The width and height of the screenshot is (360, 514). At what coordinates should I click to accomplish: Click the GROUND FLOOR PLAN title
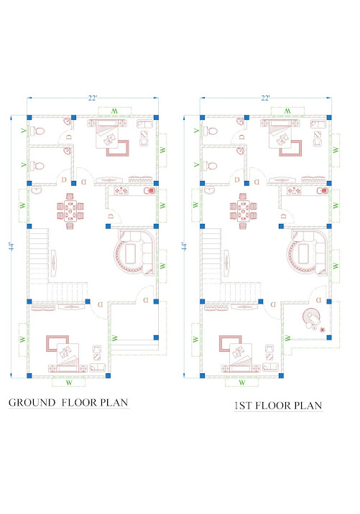pos(68,403)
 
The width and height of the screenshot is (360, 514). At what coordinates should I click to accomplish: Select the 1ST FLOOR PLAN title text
pos(278,406)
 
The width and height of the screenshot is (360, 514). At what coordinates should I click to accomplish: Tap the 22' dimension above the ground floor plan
pos(93,98)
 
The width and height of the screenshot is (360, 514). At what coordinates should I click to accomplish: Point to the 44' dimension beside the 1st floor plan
pos(185,246)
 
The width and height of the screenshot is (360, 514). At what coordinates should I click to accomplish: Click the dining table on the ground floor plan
pos(70,211)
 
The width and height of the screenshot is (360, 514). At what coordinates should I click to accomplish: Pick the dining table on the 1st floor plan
pos(243,211)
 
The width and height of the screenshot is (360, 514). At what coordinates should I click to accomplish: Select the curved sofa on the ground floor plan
pos(134,253)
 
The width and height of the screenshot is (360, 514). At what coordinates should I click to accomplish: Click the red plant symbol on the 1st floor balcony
pos(323,329)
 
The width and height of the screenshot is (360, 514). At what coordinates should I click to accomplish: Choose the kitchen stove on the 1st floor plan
pos(295,190)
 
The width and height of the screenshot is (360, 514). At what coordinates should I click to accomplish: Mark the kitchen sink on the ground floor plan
pos(149,190)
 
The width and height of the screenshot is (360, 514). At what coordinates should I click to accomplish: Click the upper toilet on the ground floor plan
pos(37,131)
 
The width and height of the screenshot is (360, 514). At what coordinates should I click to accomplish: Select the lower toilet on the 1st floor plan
pos(211,166)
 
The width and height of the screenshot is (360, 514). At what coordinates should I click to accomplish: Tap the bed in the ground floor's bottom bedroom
pos(68,358)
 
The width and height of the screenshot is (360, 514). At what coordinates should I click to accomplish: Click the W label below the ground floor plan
pos(68,383)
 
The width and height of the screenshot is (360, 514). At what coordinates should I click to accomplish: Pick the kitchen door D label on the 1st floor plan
pos(284,216)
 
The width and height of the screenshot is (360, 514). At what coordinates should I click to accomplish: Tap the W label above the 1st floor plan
pos(287,111)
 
